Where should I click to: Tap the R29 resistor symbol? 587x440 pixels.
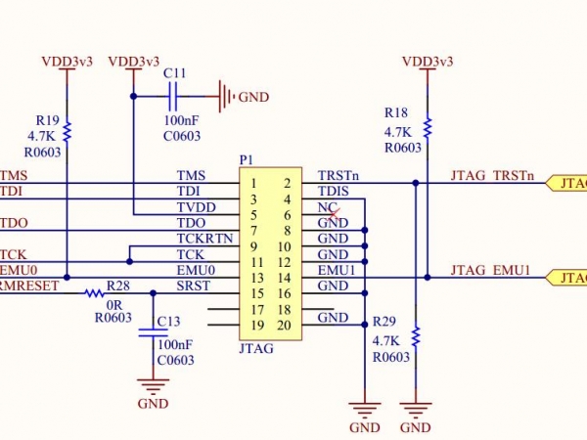(x=416, y=337)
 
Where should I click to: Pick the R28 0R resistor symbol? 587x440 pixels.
(x=96, y=292)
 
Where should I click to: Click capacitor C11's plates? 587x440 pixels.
(x=173, y=96)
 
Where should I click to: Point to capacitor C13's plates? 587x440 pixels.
(x=153, y=332)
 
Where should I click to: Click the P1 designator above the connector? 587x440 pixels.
(x=246, y=159)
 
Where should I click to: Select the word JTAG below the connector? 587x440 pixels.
(x=255, y=348)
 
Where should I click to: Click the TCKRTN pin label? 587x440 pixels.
(x=204, y=238)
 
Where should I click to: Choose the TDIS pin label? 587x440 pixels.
(x=333, y=192)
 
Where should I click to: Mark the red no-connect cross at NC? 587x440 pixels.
(x=335, y=209)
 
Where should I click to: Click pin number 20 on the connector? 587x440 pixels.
(x=286, y=325)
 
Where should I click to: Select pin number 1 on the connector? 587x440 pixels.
(x=253, y=183)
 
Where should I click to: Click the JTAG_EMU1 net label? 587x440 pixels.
(x=490, y=269)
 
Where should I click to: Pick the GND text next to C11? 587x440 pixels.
(x=253, y=97)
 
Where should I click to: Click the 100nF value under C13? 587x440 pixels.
(x=175, y=344)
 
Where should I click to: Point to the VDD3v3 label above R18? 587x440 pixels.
(x=428, y=61)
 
